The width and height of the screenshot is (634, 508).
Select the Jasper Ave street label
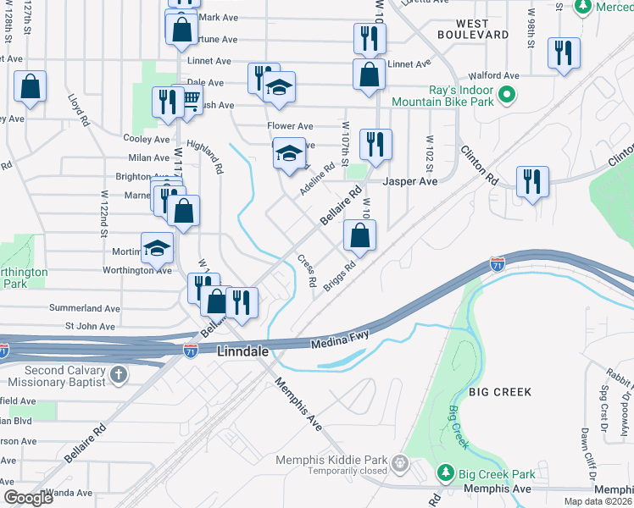click(x=410, y=181)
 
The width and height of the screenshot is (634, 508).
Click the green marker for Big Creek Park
click(x=446, y=472)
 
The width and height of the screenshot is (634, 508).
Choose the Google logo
click(x=28, y=498)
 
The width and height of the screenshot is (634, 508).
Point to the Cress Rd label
click(x=307, y=270)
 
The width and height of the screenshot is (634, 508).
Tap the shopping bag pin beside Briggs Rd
click(x=359, y=236)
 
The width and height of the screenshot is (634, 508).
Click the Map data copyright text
click(x=598, y=501)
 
